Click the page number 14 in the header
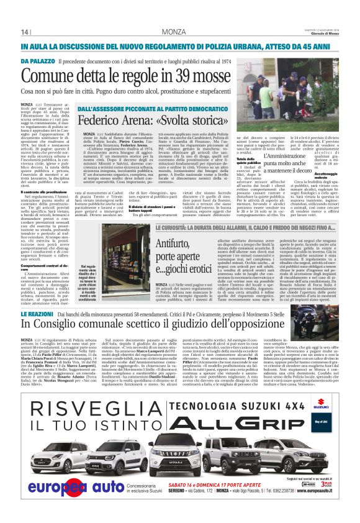click(25, 32)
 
